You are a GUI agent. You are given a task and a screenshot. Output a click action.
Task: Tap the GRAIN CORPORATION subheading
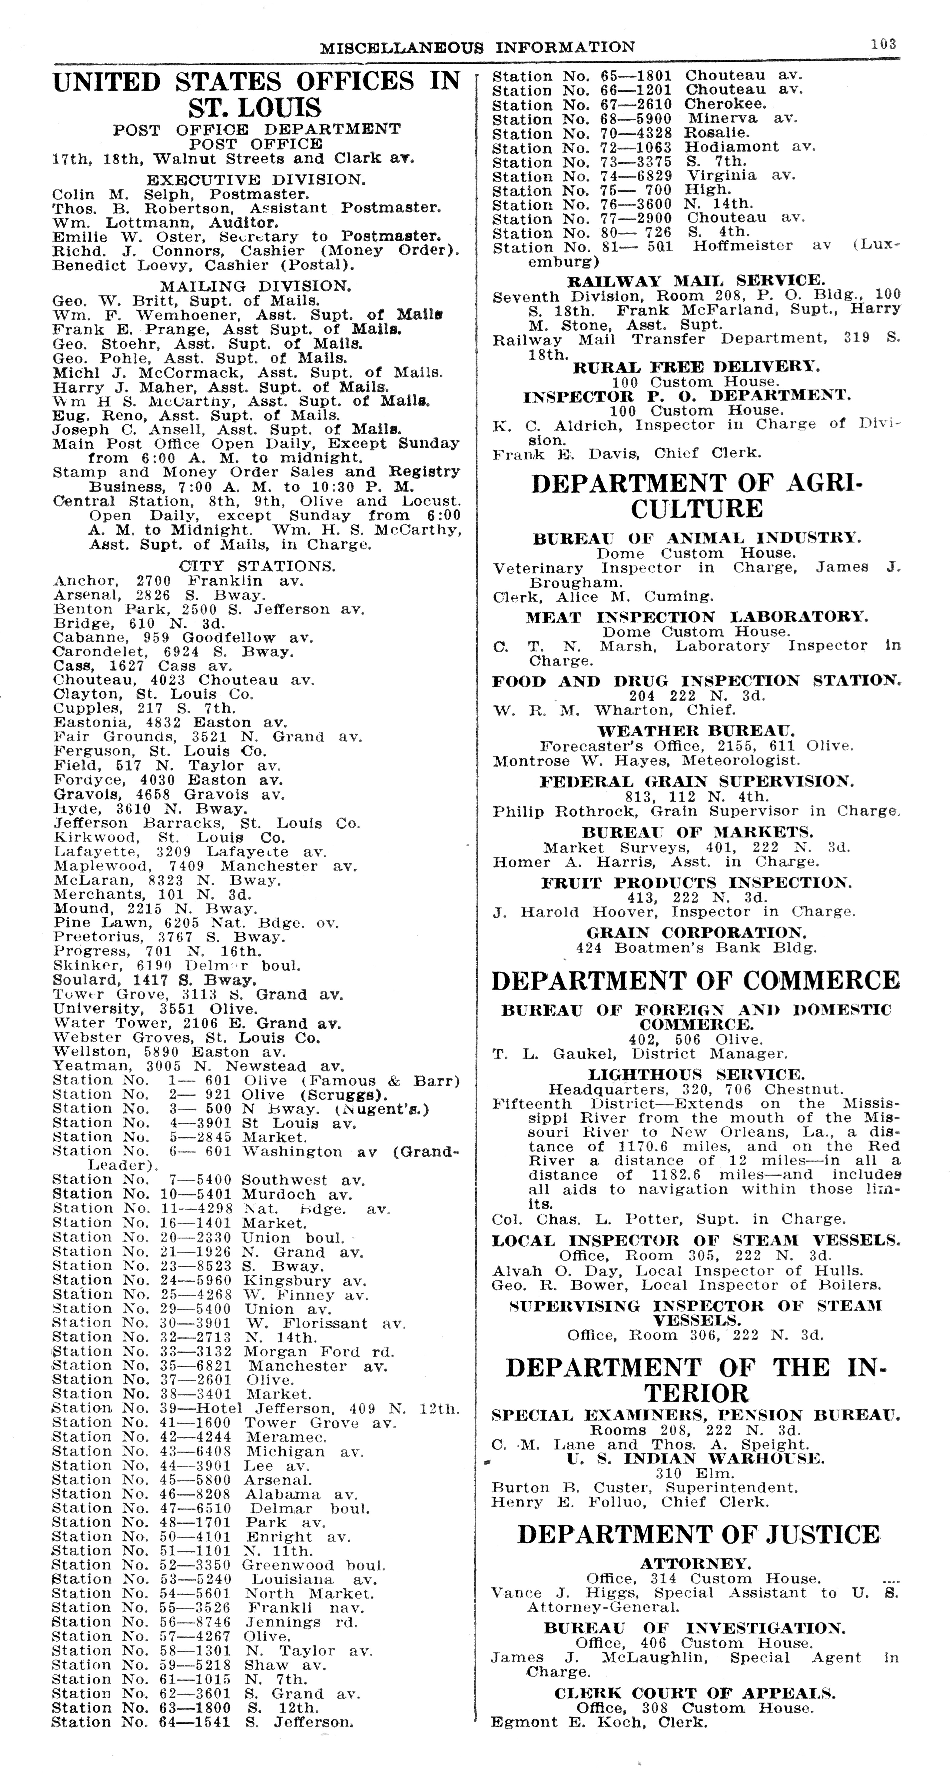pos(696,933)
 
